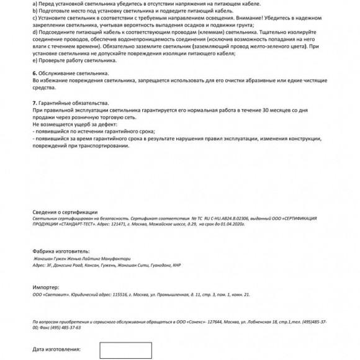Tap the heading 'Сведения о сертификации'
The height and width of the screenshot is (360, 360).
(x=65, y=212)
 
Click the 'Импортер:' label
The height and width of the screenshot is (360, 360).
(x=45, y=288)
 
